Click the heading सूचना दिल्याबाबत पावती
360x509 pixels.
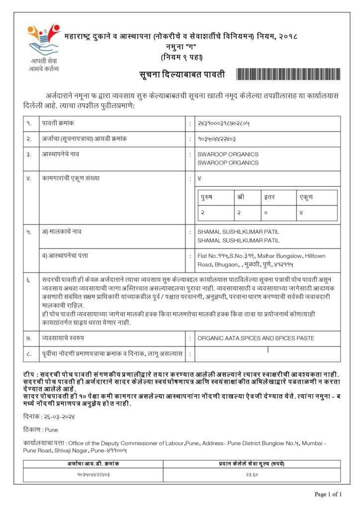(x=181, y=75)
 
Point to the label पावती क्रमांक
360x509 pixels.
(x=58, y=123)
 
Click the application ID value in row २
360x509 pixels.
(x=216, y=139)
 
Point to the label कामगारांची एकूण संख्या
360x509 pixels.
(x=71, y=178)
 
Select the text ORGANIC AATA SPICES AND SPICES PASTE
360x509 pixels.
(x=256, y=339)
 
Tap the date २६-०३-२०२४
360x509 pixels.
(x=58, y=417)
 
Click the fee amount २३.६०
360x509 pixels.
(x=252, y=475)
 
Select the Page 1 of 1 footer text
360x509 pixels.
(x=328, y=495)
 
